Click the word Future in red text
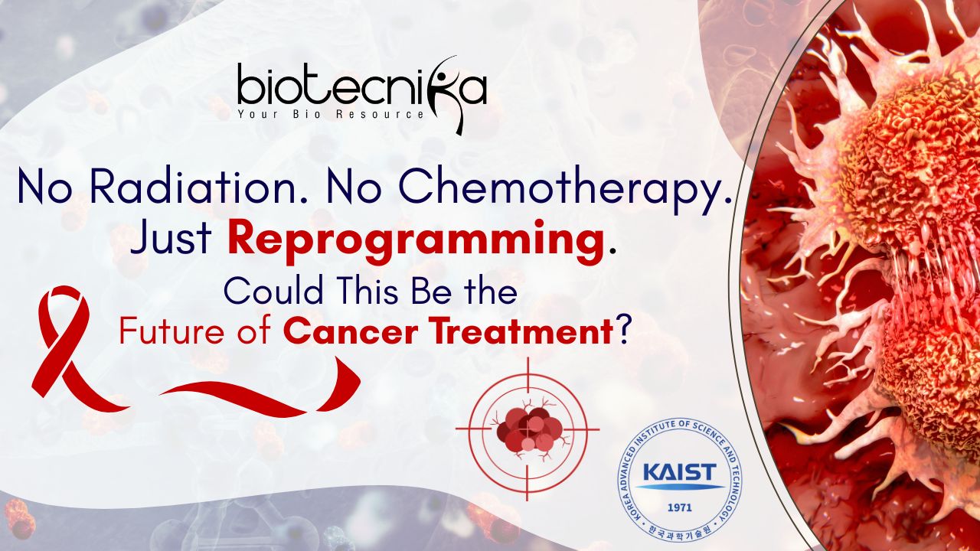[x=174, y=332]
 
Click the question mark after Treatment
[x=623, y=331]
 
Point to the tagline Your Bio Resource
[x=331, y=115]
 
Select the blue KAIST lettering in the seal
[x=679, y=472]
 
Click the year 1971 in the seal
[x=679, y=507]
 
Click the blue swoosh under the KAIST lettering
[x=679, y=486]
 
